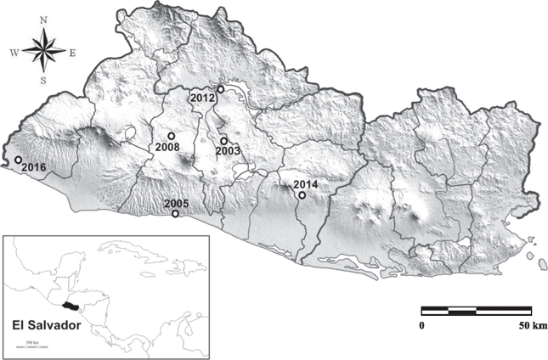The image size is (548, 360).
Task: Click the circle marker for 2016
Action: (18, 160)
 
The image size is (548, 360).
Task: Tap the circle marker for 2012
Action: (220, 89)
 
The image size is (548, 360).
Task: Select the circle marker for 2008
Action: (171, 136)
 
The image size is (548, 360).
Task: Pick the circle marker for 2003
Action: (223, 141)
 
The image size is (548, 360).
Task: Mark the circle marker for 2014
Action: (302, 195)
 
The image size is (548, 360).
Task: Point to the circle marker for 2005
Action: (175, 214)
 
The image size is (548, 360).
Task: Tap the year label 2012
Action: (202, 98)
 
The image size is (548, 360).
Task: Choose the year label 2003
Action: (229, 151)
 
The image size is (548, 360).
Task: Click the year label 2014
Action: (304, 184)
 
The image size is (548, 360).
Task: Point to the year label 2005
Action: (176, 203)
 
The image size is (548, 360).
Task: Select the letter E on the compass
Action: (73, 53)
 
